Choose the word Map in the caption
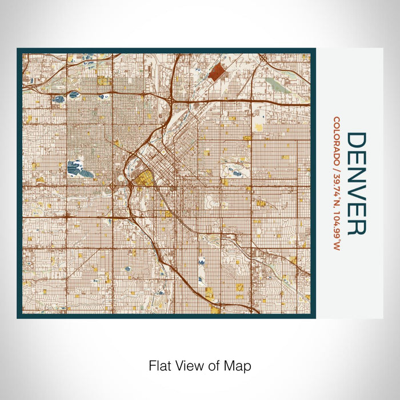tap(239, 365)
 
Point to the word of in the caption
tap(215, 365)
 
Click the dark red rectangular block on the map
tap(217, 73)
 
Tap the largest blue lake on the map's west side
tap(74, 168)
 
